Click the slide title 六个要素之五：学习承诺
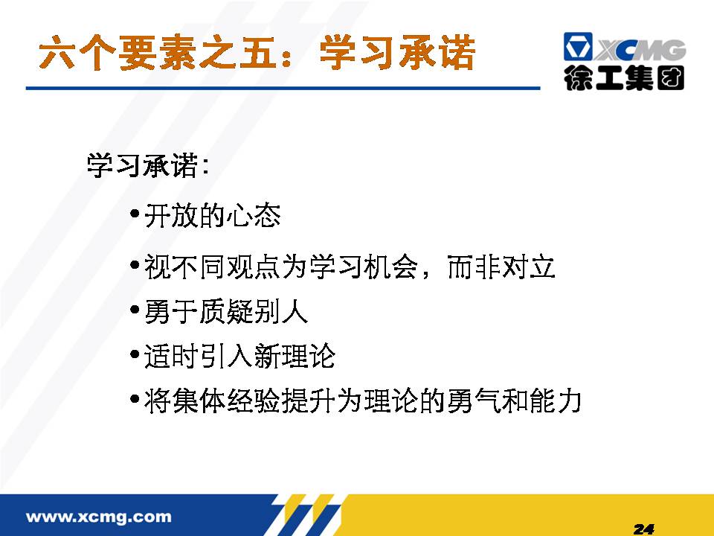point(257,53)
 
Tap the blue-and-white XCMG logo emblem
point(577,46)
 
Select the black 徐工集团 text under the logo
point(624,78)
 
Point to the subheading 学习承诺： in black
point(149,165)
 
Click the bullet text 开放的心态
point(212,215)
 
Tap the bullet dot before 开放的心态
point(135,214)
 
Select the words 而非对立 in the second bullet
point(501,267)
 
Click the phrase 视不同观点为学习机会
point(280,267)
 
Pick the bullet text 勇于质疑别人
point(226,312)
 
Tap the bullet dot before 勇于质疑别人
point(135,310)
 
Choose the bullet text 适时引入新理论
point(239,356)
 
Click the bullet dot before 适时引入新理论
point(135,354)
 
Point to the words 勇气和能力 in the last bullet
point(514,401)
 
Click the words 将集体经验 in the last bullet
point(212,401)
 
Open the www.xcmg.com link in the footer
point(99,517)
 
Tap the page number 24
point(644,529)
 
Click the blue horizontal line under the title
point(283,88)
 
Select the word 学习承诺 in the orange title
point(397,53)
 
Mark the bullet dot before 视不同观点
point(135,265)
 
